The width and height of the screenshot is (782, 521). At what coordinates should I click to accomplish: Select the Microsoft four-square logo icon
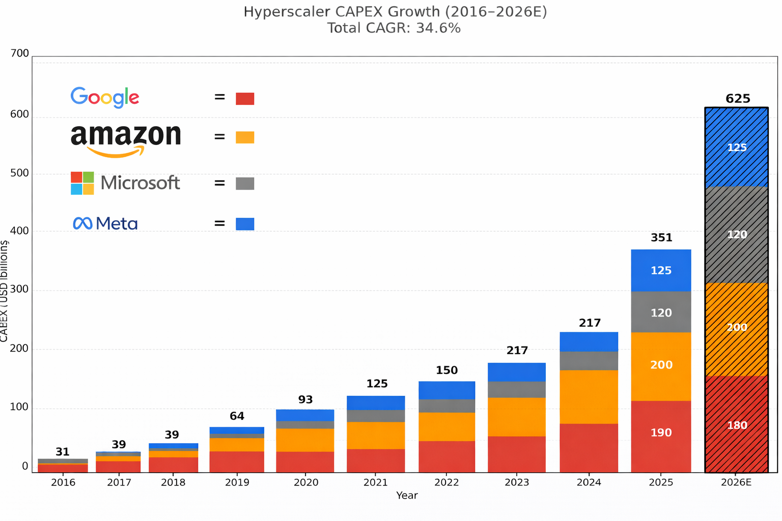[82, 183]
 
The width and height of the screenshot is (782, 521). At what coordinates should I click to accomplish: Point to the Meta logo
[105, 223]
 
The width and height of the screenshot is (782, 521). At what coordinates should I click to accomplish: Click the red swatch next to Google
[245, 99]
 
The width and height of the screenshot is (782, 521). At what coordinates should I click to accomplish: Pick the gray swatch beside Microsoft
[245, 184]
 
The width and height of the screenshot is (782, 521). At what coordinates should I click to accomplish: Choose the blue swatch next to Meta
[245, 224]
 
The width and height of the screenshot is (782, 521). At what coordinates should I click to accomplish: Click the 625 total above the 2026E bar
[738, 99]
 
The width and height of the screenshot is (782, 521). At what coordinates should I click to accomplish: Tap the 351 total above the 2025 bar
[661, 238]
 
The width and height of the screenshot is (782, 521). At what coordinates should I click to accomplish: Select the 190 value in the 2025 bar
[661, 433]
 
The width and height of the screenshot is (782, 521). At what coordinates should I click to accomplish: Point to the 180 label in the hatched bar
[737, 425]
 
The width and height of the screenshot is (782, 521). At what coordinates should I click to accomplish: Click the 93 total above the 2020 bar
[305, 400]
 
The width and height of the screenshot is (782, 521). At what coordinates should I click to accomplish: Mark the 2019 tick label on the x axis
[237, 482]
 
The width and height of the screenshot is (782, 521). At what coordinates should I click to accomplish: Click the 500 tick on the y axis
[19, 173]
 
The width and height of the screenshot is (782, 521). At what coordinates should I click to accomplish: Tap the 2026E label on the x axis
[736, 482]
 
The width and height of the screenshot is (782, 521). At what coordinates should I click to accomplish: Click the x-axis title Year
[407, 496]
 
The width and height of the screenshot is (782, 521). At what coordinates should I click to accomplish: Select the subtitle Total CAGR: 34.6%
[394, 28]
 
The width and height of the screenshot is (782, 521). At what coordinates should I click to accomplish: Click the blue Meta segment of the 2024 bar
[589, 342]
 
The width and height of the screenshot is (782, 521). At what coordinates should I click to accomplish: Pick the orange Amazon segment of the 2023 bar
[517, 417]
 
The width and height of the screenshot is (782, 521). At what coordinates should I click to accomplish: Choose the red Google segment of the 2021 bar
[376, 460]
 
